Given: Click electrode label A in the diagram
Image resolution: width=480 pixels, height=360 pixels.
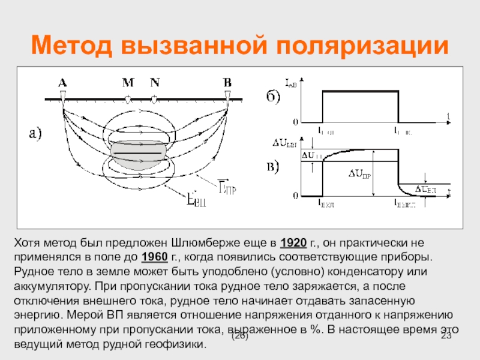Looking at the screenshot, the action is (x=62, y=82).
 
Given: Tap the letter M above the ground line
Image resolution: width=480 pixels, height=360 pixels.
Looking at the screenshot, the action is (x=128, y=82).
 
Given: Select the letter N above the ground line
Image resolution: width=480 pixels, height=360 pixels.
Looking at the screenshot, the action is (x=155, y=82).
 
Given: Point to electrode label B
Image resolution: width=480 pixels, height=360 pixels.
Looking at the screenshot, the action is (x=227, y=82).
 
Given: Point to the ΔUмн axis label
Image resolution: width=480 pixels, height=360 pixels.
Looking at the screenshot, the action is (x=287, y=143).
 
